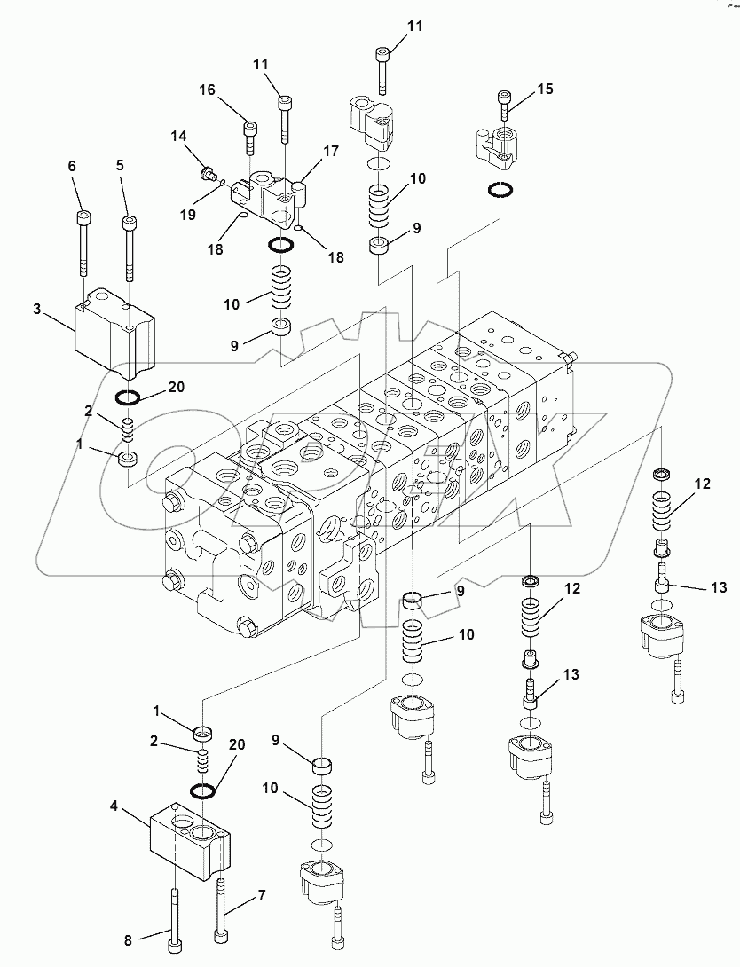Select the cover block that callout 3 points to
click(x=114, y=330)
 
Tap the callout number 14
click(x=180, y=137)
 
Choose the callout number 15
click(x=545, y=89)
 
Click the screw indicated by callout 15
click(x=505, y=107)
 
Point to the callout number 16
click(x=206, y=90)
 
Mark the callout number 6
click(x=73, y=167)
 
